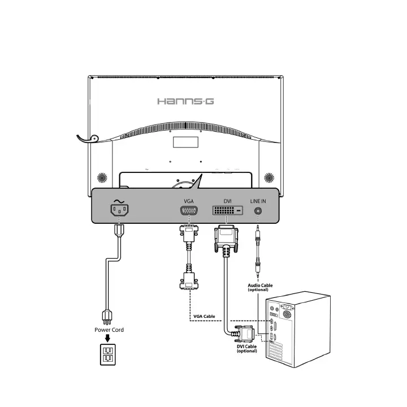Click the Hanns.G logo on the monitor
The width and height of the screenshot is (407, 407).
coord(185,101)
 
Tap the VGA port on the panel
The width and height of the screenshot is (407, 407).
coord(188,212)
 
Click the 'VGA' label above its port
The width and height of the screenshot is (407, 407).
coord(189,201)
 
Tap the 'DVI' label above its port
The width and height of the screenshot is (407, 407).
coord(227,201)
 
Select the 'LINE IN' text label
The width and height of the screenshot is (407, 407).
coord(258,201)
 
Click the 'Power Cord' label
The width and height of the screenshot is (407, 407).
coord(109,330)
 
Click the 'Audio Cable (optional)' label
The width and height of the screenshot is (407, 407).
coord(260,288)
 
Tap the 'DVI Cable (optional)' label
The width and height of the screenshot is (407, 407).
coord(247,349)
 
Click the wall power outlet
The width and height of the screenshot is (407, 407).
coord(107,354)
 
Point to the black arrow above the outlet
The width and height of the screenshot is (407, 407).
coord(107,339)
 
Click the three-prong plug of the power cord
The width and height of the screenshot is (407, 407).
coord(106,315)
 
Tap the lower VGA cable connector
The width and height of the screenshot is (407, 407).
coord(187,281)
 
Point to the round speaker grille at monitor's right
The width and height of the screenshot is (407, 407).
coord(269,177)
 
